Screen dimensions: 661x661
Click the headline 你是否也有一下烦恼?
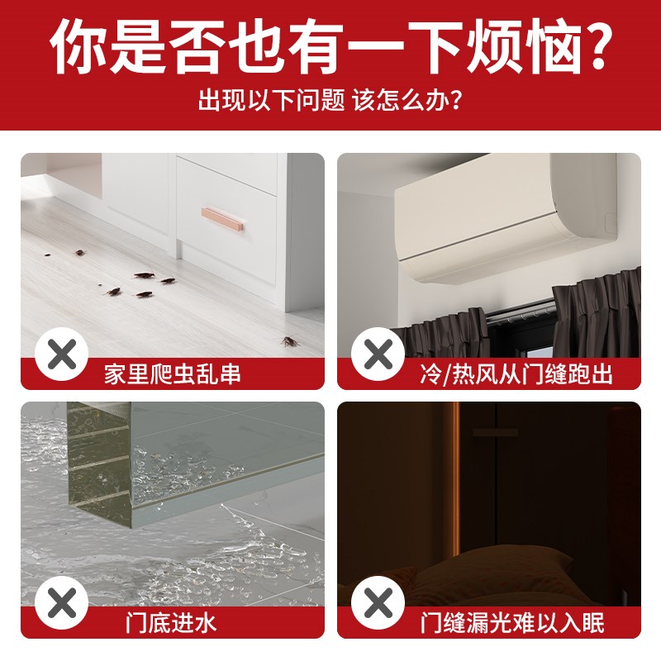[x=330, y=48]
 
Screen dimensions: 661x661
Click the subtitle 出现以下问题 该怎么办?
[x=330, y=102]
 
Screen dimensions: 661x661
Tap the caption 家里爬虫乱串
[x=173, y=374]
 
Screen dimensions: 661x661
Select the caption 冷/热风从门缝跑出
[x=517, y=374]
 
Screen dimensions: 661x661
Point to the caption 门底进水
[x=173, y=622]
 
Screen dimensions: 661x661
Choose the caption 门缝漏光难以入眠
[x=512, y=622]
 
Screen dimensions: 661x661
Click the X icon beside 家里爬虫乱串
[x=62, y=355]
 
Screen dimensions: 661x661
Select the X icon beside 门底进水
[x=62, y=603]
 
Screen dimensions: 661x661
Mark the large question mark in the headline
[x=590, y=48]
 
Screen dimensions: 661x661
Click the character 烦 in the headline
[x=470, y=48]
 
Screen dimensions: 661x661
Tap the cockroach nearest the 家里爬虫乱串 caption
[x=288, y=340]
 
